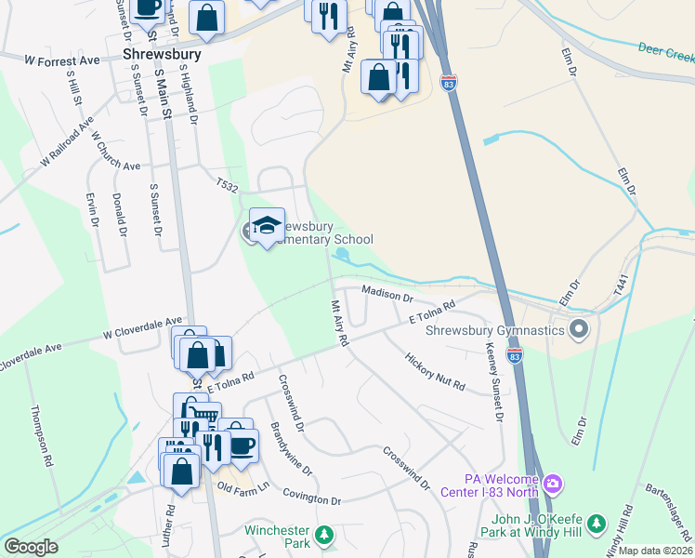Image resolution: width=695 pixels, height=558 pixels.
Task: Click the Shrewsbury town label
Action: (162, 55)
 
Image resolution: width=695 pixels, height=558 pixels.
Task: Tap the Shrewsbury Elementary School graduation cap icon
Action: (267, 225)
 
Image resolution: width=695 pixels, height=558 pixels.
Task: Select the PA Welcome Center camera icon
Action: (553, 483)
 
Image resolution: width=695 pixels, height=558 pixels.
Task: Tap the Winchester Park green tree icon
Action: (324, 535)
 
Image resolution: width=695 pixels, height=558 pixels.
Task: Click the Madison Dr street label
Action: (387, 294)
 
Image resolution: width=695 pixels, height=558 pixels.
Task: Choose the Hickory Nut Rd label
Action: (435, 372)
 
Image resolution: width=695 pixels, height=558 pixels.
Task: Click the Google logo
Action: (31, 547)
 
